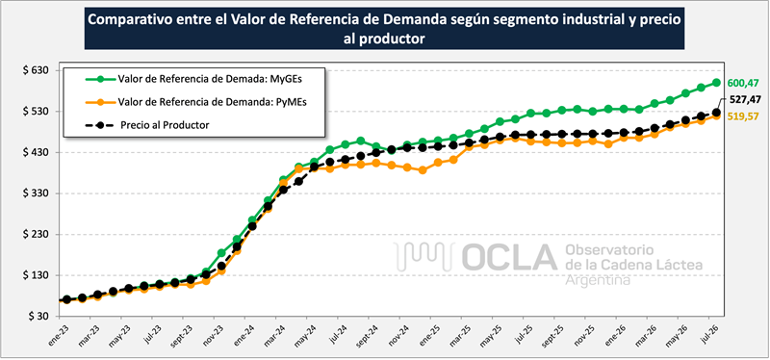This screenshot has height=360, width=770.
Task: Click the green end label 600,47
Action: [x=743, y=83]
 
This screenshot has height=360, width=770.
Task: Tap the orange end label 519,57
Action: [x=743, y=116]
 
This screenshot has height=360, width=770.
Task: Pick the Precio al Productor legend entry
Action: [x=148, y=125]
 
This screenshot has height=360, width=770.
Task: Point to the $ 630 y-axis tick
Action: [x=35, y=70]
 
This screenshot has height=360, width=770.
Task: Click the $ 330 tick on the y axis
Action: [x=35, y=193]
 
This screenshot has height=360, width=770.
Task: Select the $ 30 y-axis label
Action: [x=38, y=317]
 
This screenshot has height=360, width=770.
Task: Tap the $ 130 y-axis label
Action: [x=35, y=275]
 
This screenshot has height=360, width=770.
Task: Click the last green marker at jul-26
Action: [x=716, y=83]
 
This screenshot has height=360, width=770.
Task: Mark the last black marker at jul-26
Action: [x=716, y=113]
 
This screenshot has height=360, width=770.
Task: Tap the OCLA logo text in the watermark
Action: [x=509, y=257]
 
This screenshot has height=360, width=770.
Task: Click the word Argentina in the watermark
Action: [x=598, y=280]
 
